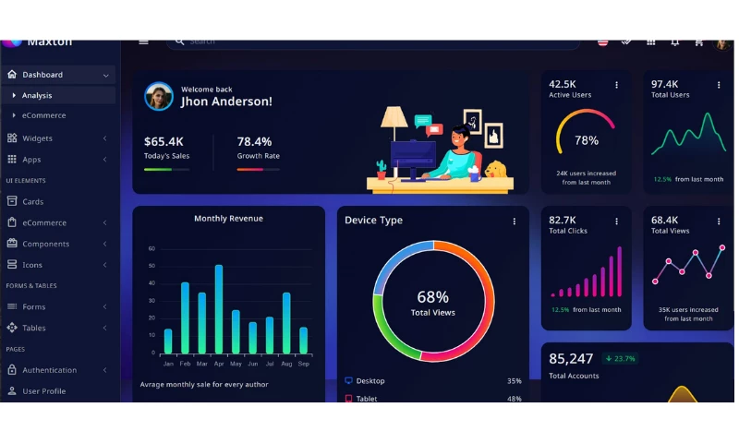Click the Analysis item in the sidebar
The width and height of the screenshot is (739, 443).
(37, 95)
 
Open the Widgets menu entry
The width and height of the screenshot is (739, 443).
(37, 138)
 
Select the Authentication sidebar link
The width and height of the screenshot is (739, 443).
(49, 370)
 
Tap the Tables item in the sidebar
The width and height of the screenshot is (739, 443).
(33, 328)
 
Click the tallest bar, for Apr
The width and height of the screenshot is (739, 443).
(219, 309)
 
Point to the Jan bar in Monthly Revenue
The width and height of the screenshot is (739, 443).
(168, 341)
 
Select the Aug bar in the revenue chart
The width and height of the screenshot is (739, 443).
(286, 323)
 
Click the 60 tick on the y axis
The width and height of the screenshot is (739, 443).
(151, 248)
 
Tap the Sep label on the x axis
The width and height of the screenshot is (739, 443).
(303, 364)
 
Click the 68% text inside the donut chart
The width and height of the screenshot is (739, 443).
(432, 297)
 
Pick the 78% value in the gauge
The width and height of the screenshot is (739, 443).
(587, 140)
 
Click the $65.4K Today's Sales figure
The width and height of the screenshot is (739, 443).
(164, 141)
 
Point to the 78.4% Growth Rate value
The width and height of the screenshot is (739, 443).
(254, 141)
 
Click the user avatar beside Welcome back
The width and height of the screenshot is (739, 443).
(159, 96)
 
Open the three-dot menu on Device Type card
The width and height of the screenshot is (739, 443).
(515, 221)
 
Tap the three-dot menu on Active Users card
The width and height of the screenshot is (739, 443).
(616, 85)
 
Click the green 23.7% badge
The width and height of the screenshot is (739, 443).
(620, 358)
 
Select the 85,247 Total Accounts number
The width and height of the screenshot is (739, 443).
(571, 358)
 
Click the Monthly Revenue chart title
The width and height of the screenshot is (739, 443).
(228, 219)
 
